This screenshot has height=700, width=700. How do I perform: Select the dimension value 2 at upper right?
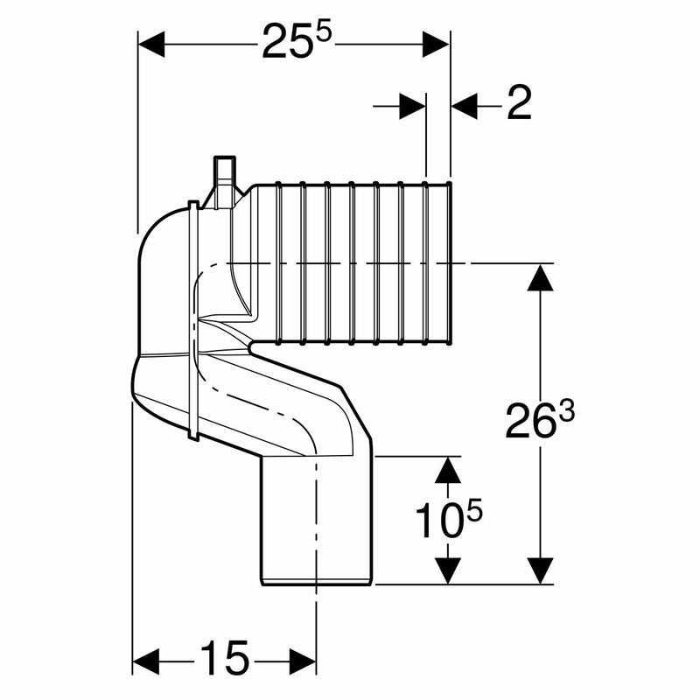519,106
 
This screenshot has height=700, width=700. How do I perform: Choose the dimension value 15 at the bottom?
225,657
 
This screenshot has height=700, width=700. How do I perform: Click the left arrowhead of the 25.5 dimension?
152,44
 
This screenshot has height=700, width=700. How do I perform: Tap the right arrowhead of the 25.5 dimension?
437,44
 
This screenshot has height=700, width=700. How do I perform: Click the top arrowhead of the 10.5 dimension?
448,470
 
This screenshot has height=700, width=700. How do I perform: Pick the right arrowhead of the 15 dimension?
302,657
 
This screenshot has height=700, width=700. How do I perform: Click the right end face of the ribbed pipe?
450,262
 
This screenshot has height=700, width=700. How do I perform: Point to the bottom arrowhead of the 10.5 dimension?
448,570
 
